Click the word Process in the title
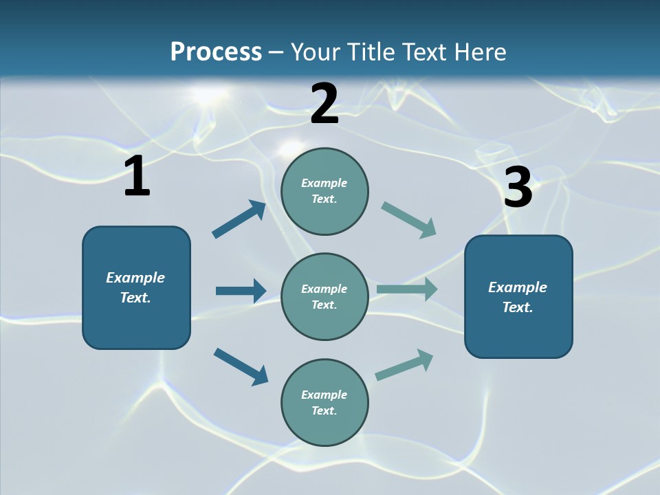216,52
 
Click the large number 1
137,177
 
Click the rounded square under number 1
136,287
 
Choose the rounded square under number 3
518,296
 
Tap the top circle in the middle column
324,191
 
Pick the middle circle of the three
324,296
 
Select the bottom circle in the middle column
324,402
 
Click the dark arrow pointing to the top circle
239,219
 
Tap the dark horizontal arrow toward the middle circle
241,291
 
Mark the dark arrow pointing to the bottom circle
241,366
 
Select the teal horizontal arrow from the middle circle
407,289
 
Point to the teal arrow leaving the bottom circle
404,364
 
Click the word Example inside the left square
135,278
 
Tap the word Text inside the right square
517,307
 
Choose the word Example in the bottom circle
324,395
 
